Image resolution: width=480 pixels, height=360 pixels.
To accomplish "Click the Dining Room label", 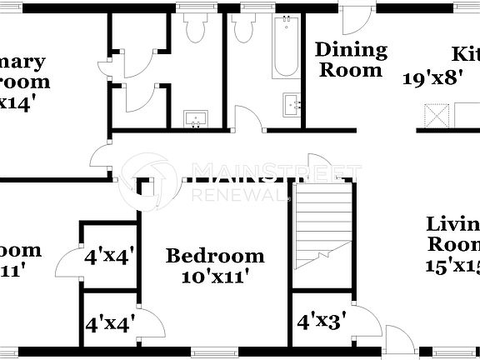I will tap(351, 60).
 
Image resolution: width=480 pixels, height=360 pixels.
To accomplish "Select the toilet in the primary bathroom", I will tap(197, 29).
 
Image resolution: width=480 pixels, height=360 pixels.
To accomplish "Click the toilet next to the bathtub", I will tap(243, 30).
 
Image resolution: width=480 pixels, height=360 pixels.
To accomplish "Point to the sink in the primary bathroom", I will tap(197, 117).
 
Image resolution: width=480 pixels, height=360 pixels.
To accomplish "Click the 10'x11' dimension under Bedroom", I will tap(215, 276).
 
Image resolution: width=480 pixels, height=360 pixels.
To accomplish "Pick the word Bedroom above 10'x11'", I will tap(215, 256).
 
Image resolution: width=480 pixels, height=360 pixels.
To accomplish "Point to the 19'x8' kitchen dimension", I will tap(433, 80).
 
